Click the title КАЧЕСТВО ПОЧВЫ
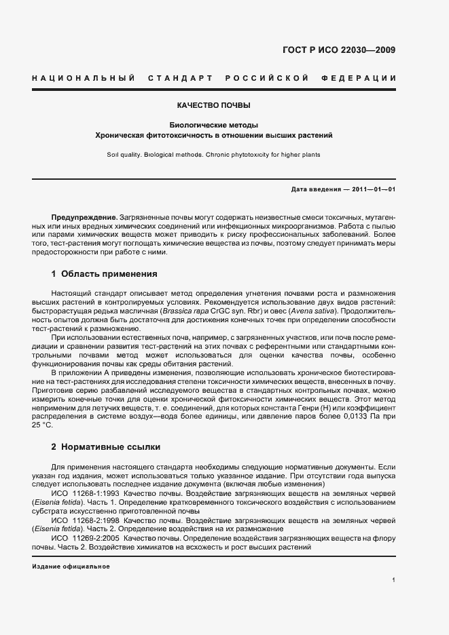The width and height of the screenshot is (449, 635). [x=214, y=107]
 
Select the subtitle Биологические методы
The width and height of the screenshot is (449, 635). [x=214, y=126]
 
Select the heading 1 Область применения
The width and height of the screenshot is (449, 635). [x=105, y=274]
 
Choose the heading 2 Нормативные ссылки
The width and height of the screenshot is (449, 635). [x=107, y=448]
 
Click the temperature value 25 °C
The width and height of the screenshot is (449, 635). [x=42, y=425]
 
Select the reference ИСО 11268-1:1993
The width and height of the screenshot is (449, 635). [x=86, y=493]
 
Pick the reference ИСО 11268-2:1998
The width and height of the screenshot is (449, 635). [x=86, y=520]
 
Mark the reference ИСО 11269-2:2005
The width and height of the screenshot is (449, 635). [x=86, y=538]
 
